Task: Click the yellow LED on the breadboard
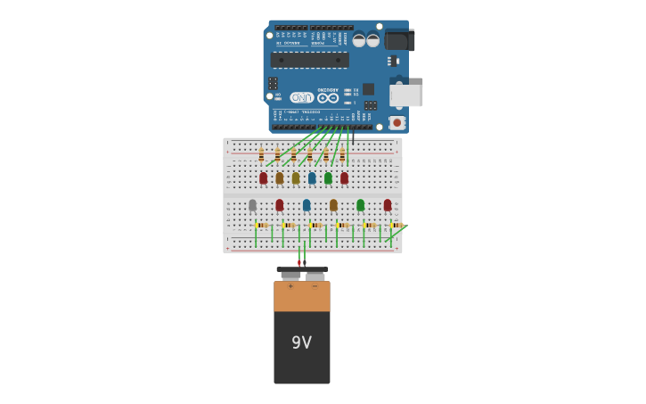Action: [296, 177]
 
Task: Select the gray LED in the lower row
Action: [252, 205]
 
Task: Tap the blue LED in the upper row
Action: [312, 177]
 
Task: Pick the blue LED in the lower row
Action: [307, 205]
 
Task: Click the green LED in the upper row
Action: [328, 177]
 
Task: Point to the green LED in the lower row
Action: [360, 205]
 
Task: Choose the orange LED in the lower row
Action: [333, 205]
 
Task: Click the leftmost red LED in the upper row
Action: [263, 177]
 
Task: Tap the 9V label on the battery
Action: [301, 342]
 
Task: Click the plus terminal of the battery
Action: [290, 277]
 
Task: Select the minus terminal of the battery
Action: [315, 277]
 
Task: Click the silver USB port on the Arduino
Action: [406, 95]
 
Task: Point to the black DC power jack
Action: [399, 41]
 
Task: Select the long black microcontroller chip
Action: [310, 60]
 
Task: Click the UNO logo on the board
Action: [301, 97]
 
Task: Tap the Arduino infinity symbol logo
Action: [328, 97]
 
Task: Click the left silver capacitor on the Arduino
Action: [359, 40]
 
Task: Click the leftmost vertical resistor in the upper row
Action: [261, 155]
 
